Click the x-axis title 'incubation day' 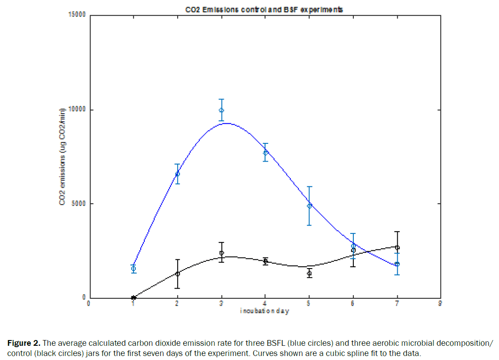click(x=264, y=311)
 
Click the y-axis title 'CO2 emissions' click(x=63, y=156)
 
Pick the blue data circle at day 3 click(x=221, y=110)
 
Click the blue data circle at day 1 click(x=133, y=269)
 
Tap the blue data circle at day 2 click(x=177, y=174)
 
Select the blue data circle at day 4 click(x=265, y=152)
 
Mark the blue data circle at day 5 click(x=309, y=205)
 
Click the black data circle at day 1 click(x=133, y=298)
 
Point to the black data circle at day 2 click(x=177, y=273)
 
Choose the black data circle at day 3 click(x=221, y=253)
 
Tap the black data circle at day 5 click(x=309, y=273)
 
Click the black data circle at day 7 click(x=397, y=247)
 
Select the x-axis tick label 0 click(x=89, y=304)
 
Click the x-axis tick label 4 click(x=265, y=304)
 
